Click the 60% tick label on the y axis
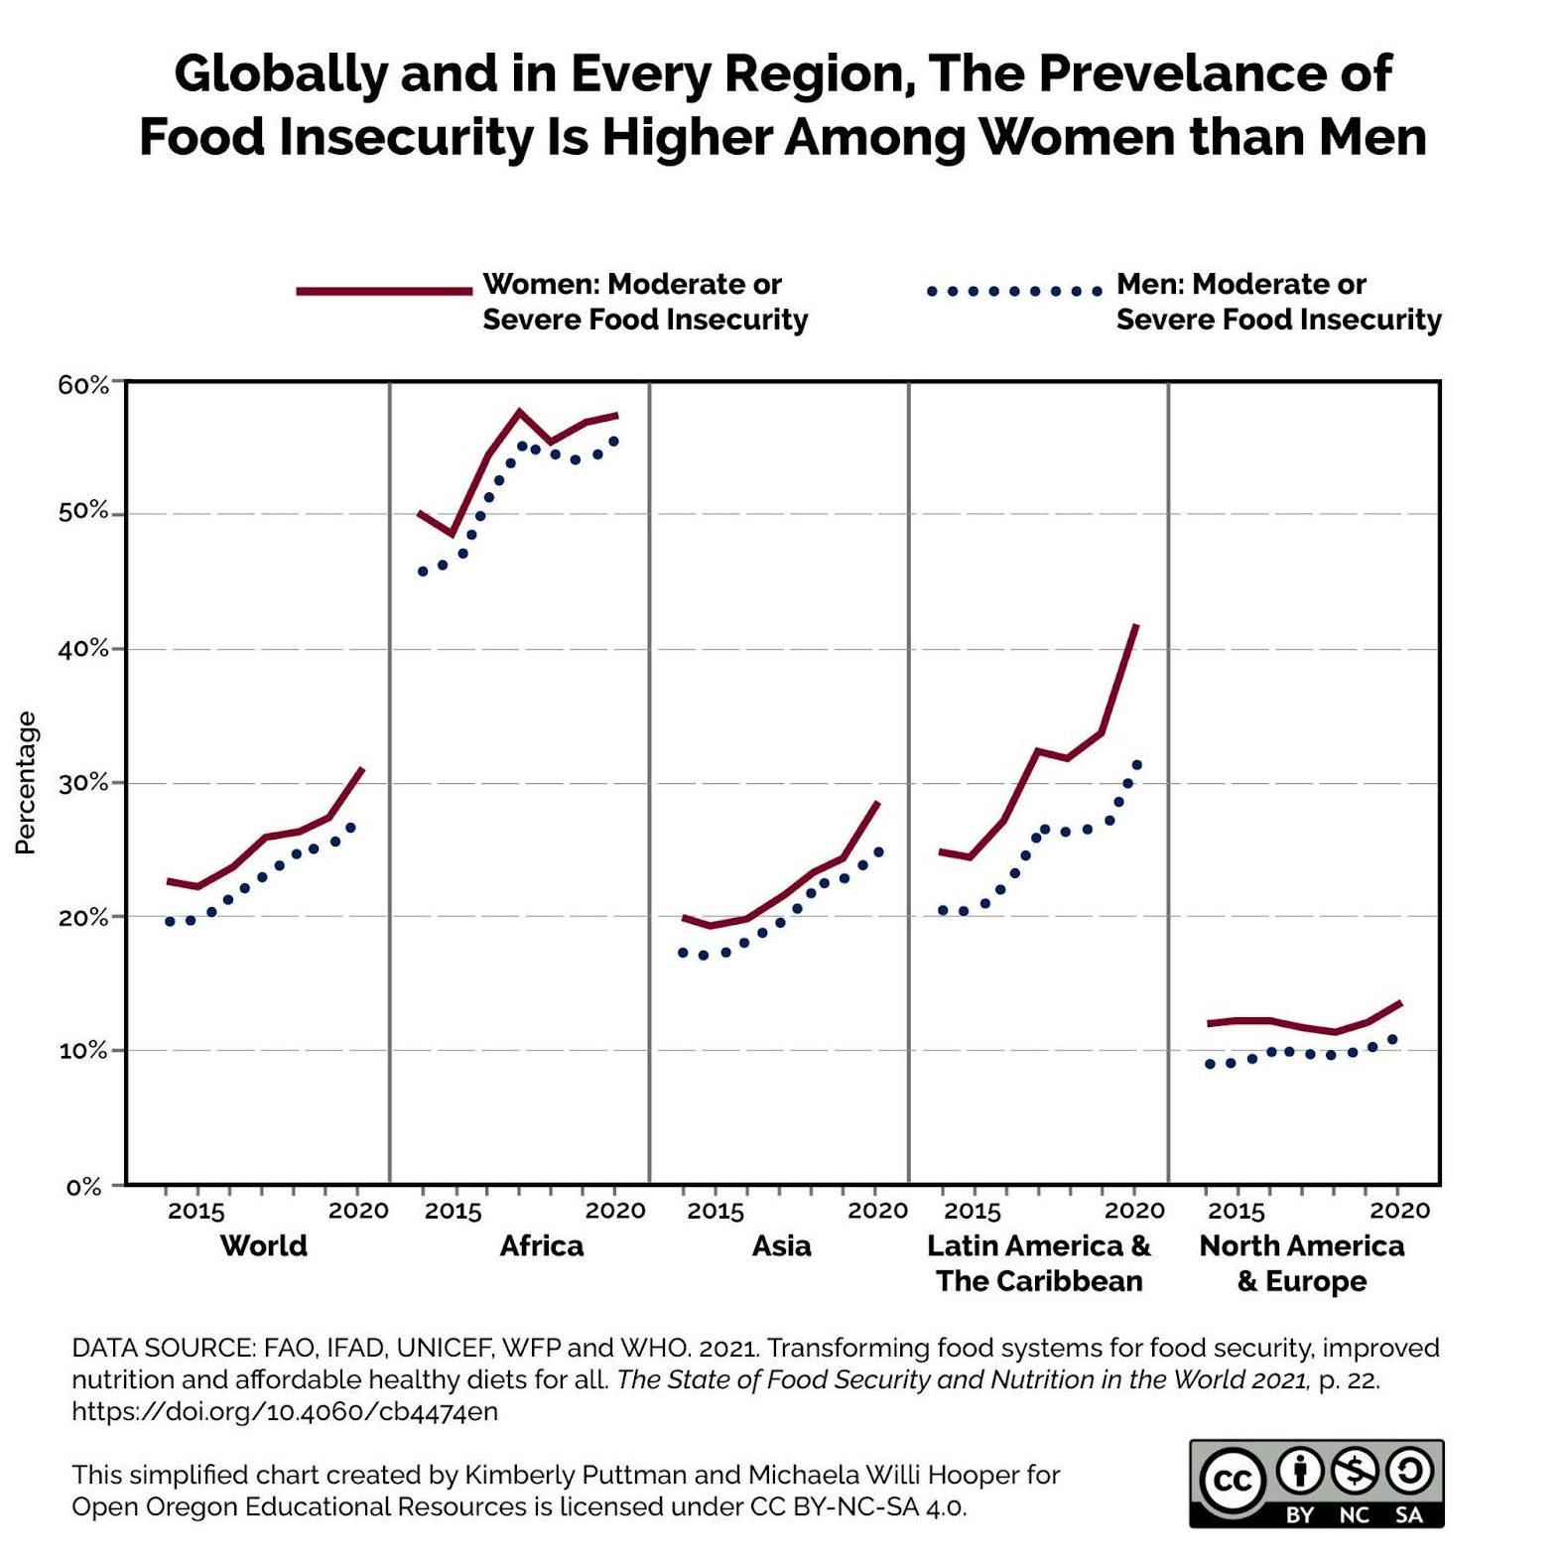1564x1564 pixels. pos(82,385)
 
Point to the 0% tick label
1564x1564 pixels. pos(84,1187)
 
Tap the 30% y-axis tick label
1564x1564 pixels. pos(82,783)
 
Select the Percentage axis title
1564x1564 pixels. pos(26,782)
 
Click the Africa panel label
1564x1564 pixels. pos(541,1245)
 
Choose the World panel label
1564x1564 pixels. pos(263,1245)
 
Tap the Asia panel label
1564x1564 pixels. pos(781,1245)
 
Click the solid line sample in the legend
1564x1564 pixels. pos(384,291)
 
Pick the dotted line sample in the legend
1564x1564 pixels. pos(1013,291)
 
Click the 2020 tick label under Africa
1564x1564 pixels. pos(614,1211)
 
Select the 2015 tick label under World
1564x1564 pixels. pos(196,1211)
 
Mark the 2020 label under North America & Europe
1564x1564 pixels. pos(1399,1211)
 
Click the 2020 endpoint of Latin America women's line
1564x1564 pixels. pos(1136,625)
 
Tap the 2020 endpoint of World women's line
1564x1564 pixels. pos(362,768)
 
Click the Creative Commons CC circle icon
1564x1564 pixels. pos(1233,1481)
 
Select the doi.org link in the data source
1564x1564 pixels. pos(285,1411)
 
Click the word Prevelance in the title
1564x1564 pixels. pos(1216,73)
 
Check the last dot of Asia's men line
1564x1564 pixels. pos(878,851)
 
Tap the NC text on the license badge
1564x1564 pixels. pos(1354,1515)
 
